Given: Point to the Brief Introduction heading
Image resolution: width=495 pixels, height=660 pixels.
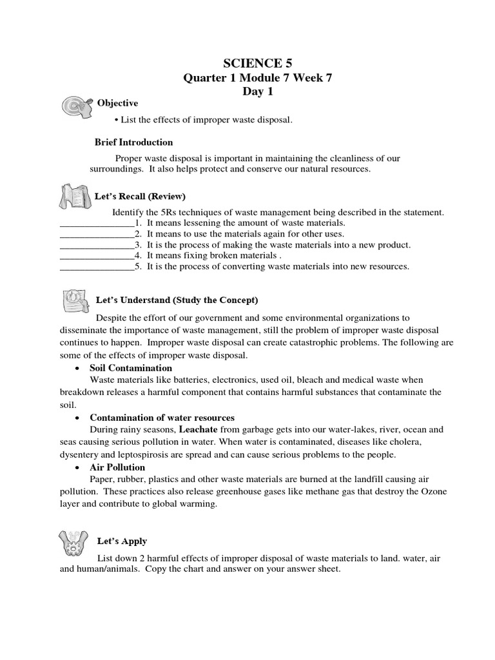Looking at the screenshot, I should (x=133, y=142).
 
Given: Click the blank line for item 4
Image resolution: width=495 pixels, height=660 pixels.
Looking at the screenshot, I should (x=97, y=255).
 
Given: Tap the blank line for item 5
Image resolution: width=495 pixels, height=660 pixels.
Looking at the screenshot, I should (x=97, y=266).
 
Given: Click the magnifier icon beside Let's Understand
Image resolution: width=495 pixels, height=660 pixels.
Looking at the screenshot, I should (x=75, y=299).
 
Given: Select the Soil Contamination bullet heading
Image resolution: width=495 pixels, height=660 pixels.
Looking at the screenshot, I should (x=131, y=368).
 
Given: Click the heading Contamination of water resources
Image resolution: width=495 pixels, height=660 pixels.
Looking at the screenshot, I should (x=162, y=418).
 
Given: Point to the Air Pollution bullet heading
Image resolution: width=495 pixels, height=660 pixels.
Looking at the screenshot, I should (x=117, y=467).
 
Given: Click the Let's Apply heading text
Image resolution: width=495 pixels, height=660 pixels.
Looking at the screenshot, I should (x=122, y=541).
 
